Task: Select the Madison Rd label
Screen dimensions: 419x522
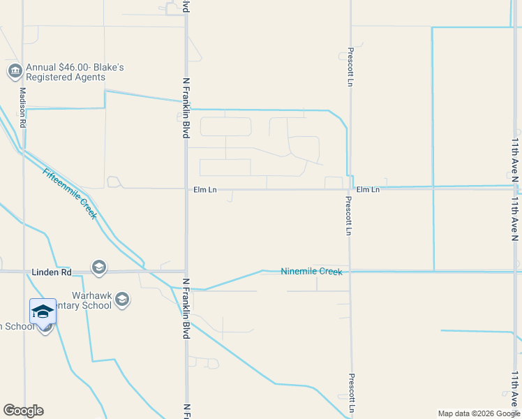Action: (23, 106)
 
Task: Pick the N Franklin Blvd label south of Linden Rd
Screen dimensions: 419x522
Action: (186, 309)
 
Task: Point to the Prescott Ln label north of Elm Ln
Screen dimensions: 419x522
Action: (350, 67)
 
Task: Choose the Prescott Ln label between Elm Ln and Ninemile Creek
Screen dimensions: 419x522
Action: (347, 215)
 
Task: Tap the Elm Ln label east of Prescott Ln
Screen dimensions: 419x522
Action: (368, 189)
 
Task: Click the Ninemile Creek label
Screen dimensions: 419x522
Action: (311, 271)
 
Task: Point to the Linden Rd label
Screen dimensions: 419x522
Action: (52, 271)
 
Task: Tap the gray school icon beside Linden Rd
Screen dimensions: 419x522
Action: (98, 267)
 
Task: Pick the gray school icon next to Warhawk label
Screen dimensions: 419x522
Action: (122, 300)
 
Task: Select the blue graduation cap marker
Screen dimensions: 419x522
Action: (43, 311)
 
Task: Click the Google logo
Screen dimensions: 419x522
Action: (23, 411)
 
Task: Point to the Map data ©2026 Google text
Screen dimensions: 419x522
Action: (479, 413)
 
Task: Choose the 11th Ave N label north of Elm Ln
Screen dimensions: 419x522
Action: (515, 160)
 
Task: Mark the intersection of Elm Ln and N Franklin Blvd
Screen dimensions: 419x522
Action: (186, 189)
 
